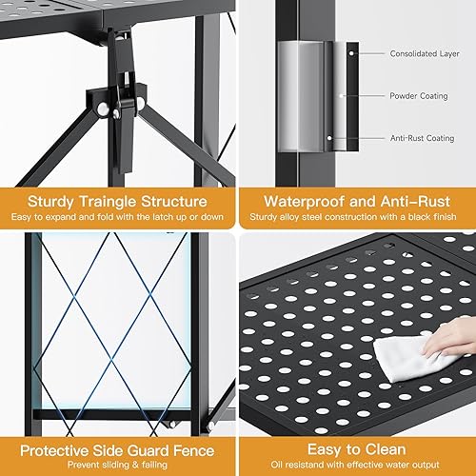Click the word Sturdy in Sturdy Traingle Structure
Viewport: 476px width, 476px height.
(55, 202)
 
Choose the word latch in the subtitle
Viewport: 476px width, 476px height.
(152, 219)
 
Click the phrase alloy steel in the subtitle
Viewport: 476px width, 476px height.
(329, 219)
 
